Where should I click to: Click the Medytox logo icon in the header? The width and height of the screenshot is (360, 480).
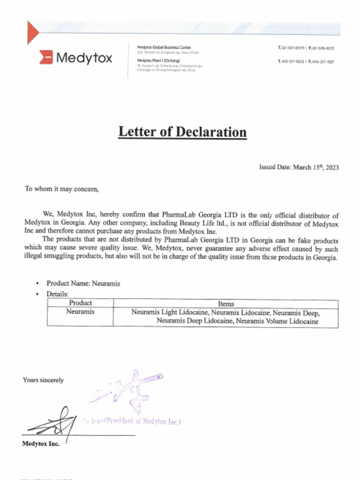[x=45, y=58]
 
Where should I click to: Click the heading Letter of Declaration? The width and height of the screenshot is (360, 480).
[x=182, y=131]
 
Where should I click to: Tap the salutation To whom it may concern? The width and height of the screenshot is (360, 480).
[x=62, y=189]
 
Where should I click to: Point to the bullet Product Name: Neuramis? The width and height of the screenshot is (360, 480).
[x=83, y=284]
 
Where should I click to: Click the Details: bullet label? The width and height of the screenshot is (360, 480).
[x=58, y=294]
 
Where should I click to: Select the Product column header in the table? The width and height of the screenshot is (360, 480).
[x=80, y=303]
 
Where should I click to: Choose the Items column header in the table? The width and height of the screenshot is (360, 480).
[x=225, y=304]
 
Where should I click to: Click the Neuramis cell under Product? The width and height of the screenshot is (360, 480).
[x=80, y=312]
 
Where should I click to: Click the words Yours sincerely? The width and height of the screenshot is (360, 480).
[x=43, y=380]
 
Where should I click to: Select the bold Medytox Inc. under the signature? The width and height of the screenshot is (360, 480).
[x=41, y=444]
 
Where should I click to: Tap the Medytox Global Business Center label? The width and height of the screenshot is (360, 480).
[x=164, y=47]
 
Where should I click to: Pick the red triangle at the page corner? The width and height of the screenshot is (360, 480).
[x=32, y=31]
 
